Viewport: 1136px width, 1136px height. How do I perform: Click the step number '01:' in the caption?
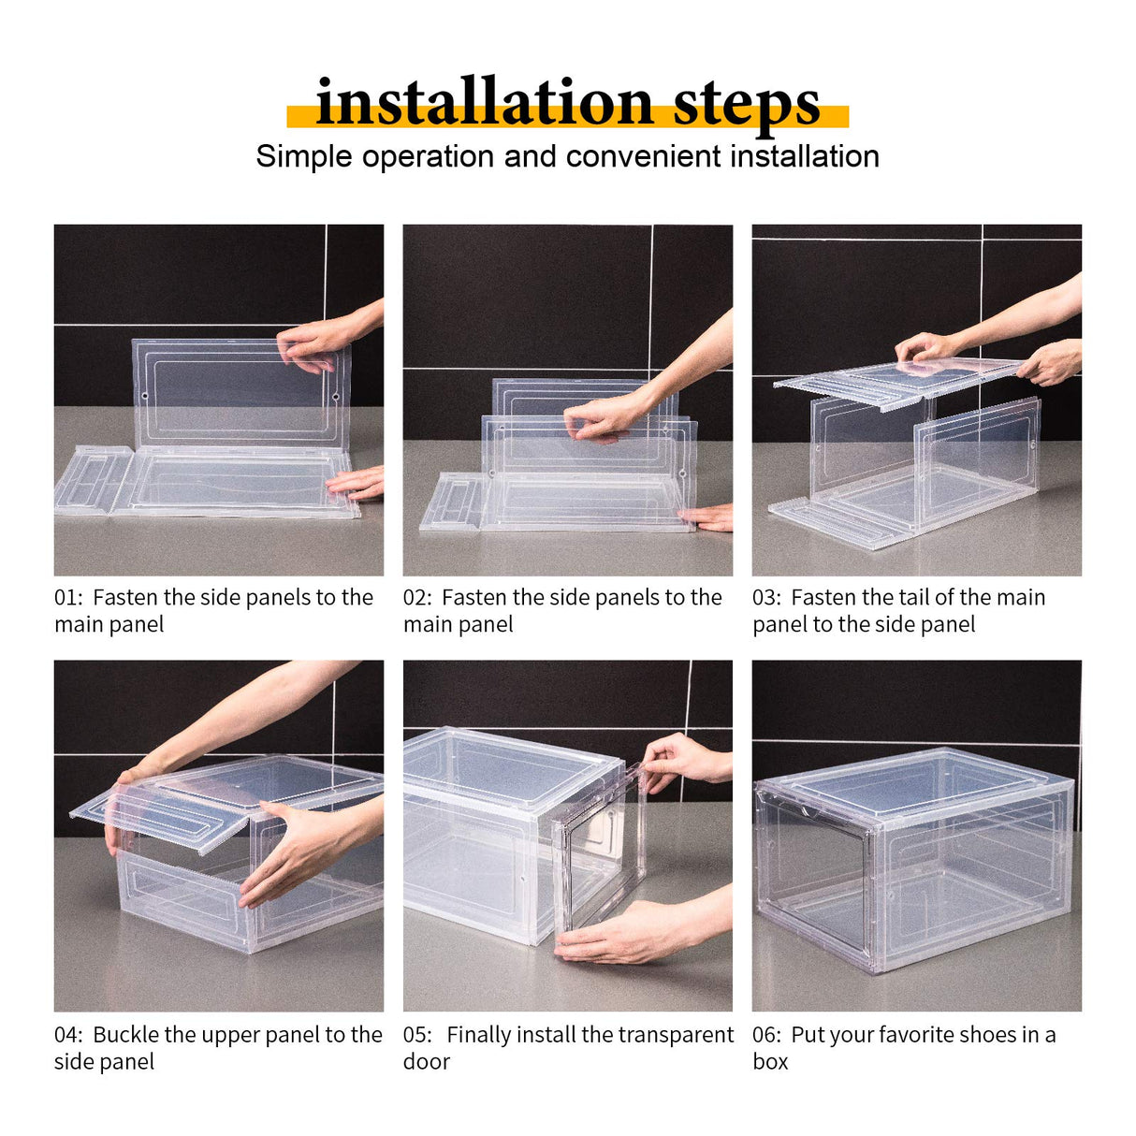click(69, 598)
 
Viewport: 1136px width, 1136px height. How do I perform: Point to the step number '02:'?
click(418, 598)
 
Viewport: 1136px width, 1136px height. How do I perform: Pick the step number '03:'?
click(767, 598)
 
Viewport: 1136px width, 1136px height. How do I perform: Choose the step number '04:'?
click(69, 1035)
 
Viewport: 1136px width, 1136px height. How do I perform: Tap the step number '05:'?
click(418, 1035)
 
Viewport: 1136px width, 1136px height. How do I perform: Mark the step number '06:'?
click(767, 1035)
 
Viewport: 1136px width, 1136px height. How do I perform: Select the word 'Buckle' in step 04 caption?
click(125, 1035)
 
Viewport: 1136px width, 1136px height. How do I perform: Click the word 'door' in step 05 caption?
click(427, 1062)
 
